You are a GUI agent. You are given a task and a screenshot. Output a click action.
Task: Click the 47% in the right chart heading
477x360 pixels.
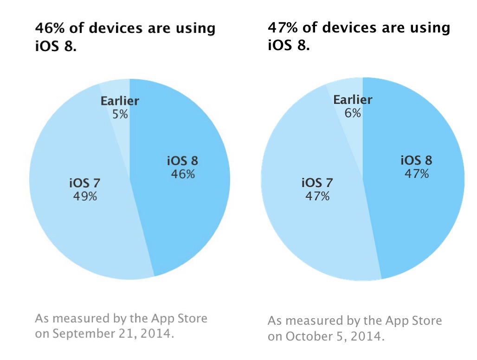pos(283,28)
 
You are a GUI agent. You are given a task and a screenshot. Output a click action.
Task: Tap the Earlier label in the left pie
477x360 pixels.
pos(120,101)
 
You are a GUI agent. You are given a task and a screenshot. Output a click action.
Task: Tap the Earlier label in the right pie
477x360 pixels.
pos(353,100)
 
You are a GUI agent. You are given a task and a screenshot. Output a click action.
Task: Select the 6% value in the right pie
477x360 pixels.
pos(353,113)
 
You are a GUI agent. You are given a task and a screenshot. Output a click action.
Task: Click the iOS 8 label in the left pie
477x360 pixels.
pos(182,161)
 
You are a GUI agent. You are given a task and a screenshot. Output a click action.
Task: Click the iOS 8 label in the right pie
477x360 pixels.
pos(416,161)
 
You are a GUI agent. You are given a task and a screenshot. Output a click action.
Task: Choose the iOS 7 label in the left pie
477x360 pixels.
pos(85,183)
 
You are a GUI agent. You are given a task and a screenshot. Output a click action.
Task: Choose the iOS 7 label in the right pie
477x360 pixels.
pos(318,182)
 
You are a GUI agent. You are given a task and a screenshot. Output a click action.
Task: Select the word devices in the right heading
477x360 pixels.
pos(346,28)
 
